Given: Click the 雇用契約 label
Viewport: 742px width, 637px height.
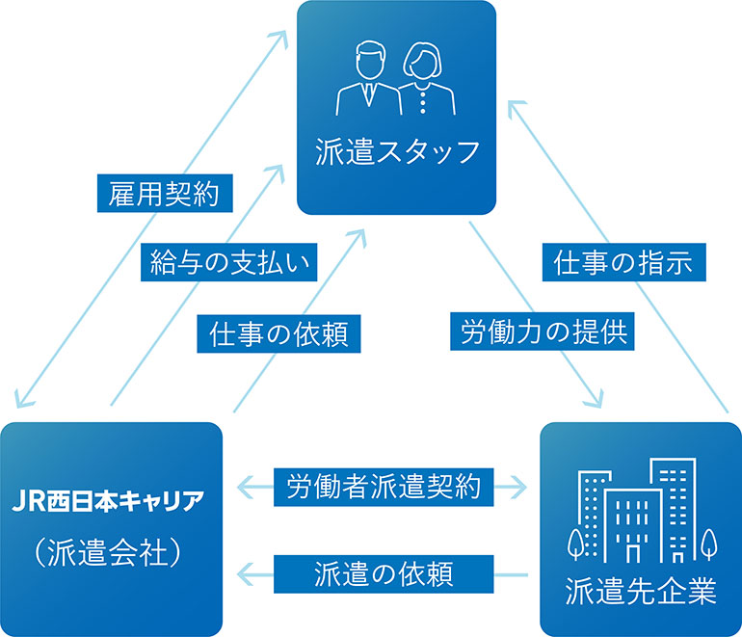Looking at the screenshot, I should click(x=165, y=194).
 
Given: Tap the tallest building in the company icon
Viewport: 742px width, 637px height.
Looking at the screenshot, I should click(x=673, y=506).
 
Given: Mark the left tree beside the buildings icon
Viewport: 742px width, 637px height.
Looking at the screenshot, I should click(x=577, y=544).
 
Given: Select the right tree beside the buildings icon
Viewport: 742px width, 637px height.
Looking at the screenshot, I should click(x=708, y=544).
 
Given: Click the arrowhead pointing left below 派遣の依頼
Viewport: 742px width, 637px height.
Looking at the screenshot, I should click(x=247, y=575).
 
